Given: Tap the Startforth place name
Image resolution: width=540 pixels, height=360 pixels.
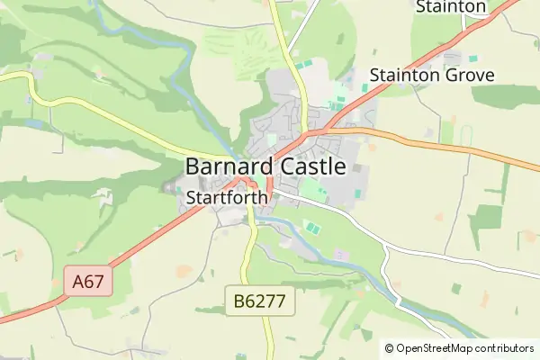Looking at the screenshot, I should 227,196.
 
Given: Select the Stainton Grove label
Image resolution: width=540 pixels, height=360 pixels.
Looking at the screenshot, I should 432,76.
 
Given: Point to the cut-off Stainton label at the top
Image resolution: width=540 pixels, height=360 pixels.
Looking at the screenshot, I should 450,7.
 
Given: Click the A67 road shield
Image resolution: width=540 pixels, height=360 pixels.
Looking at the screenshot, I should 89,282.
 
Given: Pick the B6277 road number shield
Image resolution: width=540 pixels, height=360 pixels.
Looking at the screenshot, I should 260,302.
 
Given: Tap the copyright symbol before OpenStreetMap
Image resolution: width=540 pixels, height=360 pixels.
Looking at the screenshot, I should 390,348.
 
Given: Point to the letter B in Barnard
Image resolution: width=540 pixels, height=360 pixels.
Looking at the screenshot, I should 193,166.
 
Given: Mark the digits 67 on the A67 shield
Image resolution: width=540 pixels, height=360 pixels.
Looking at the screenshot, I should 94,282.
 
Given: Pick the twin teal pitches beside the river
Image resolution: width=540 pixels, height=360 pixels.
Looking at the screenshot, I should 311,228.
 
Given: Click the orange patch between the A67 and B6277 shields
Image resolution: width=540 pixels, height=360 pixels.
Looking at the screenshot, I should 184,270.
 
